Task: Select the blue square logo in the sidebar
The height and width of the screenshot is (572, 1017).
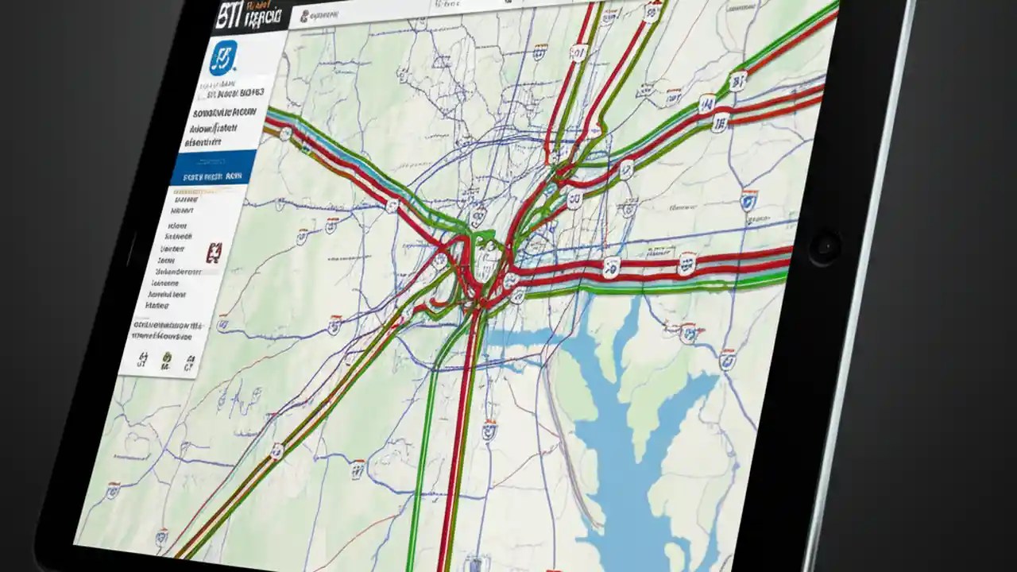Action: [222, 58]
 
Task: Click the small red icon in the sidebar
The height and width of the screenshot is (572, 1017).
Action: [213, 253]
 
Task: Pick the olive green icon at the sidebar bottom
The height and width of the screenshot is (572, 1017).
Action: [166, 361]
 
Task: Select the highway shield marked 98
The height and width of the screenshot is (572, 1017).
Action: [720, 122]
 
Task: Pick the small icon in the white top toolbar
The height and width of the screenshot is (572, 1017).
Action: [306, 15]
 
